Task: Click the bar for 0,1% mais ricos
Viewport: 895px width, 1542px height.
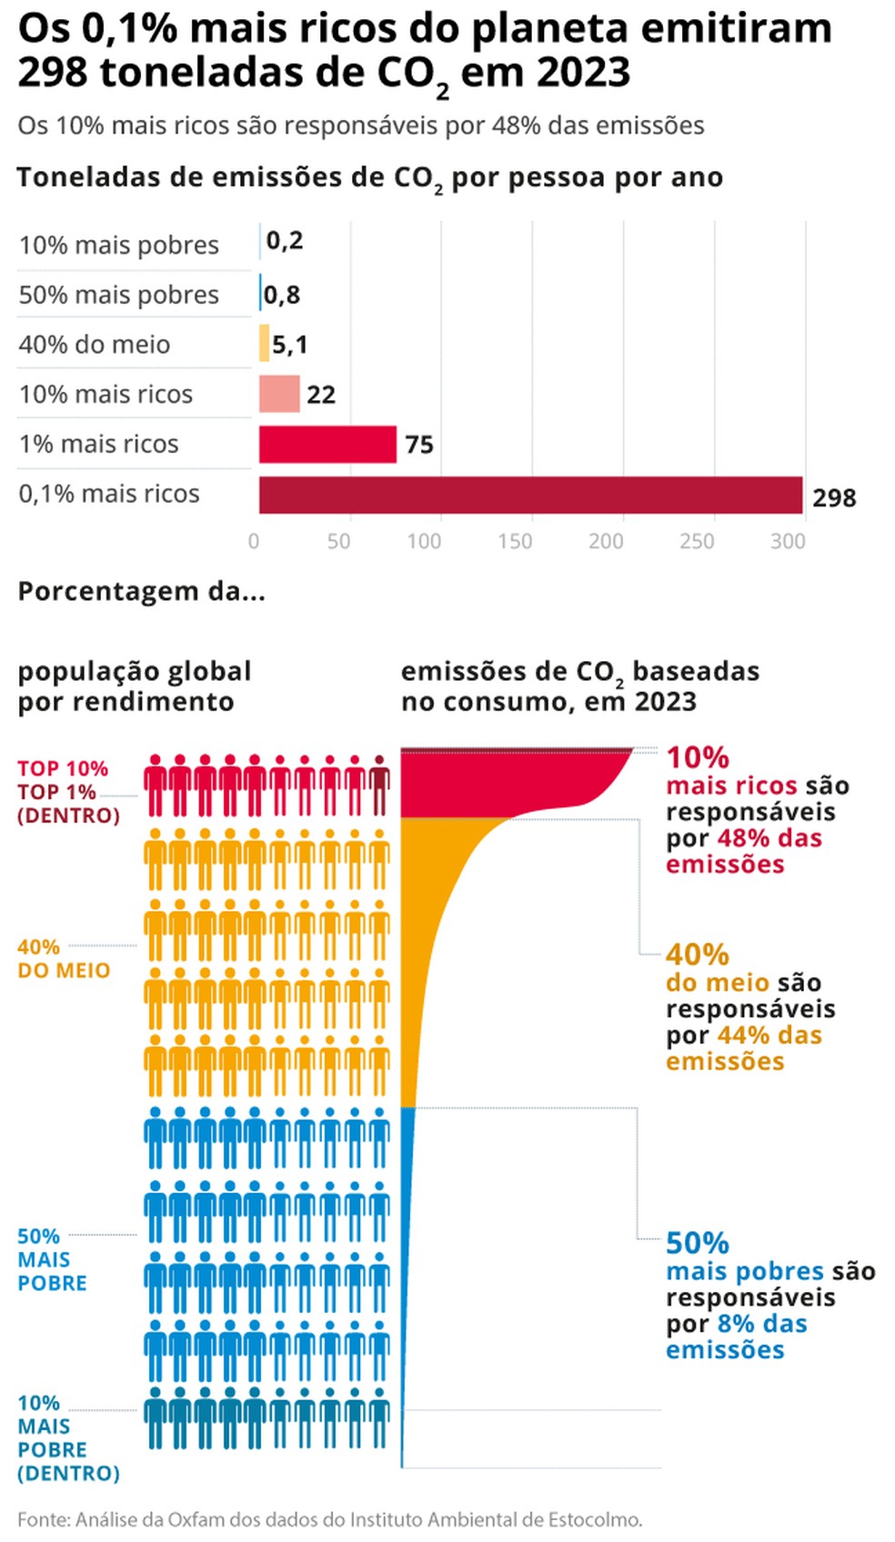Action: [531, 495]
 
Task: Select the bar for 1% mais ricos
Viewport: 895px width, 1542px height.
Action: [327, 444]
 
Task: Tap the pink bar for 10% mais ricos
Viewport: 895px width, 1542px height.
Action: [279, 394]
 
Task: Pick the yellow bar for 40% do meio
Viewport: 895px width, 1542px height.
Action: [265, 343]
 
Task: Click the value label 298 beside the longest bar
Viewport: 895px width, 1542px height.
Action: [834, 497]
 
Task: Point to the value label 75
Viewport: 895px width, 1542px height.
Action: [419, 445]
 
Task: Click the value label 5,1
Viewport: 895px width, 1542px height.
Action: [290, 345]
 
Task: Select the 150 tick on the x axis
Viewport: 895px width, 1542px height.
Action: [516, 541]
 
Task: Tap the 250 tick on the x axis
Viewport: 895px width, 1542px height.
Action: [698, 541]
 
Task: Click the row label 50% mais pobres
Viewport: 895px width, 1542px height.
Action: [118, 295]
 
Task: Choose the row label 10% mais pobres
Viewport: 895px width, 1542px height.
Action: [118, 245]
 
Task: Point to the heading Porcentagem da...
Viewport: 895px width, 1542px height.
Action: [141, 591]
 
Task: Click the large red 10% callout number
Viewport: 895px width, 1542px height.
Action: [698, 757]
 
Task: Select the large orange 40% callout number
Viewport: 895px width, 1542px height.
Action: [698, 954]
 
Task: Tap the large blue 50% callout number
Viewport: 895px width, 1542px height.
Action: [698, 1243]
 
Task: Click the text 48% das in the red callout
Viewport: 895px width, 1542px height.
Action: [769, 838]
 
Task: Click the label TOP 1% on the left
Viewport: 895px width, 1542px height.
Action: [56, 792]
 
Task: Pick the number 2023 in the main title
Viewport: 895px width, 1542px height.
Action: [579, 73]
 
